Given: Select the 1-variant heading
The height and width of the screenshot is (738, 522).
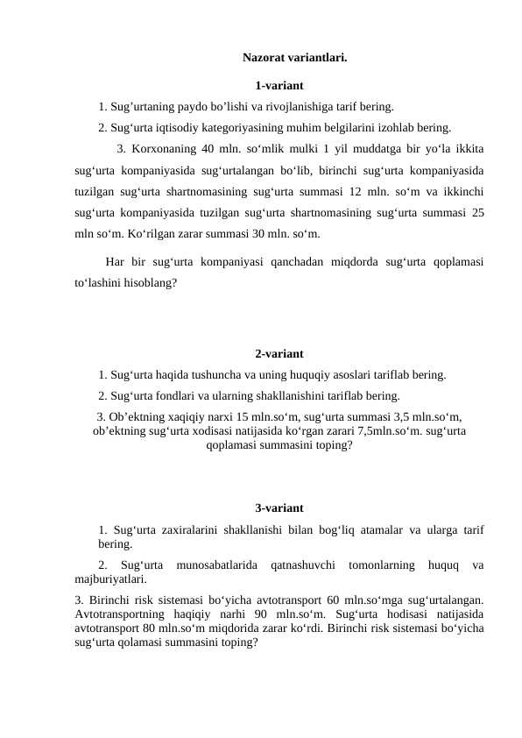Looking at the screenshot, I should click(279, 86).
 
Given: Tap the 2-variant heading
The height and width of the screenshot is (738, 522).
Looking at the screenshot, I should click(279, 354).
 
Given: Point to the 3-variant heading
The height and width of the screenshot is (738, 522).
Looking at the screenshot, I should click(279, 508).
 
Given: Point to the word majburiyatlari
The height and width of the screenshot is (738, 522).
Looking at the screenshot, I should click(110, 579).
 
